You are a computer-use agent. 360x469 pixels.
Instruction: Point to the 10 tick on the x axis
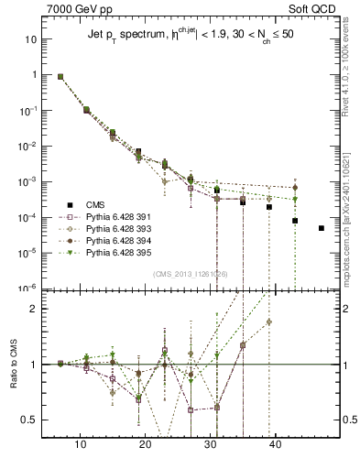tap(81, 444)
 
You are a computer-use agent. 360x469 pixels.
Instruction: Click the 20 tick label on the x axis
tap(146, 444)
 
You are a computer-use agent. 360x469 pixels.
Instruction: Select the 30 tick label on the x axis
tap(211, 444)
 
